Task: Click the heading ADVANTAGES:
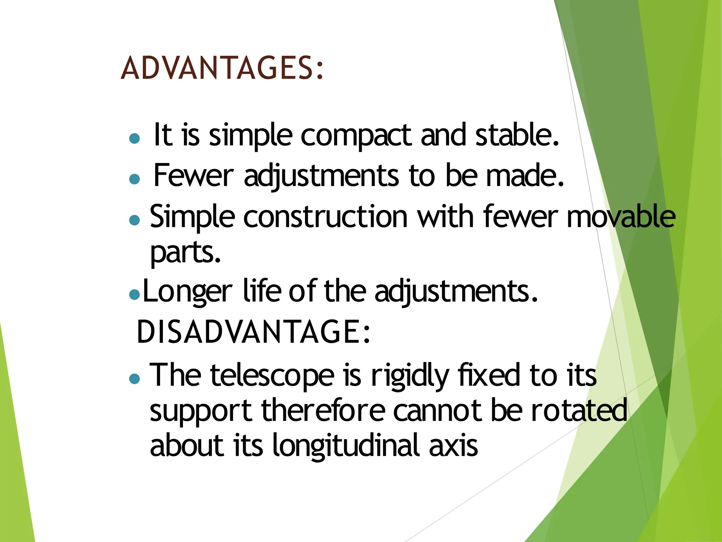pyautogui.click(x=222, y=68)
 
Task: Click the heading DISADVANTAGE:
pyautogui.click(x=253, y=331)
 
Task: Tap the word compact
pyautogui.click(x=356, y=136)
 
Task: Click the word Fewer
pyautogui.click(x=193, y=175)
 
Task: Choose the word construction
pyautogui.click(x=325, y=217)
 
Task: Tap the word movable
pyautogui.click(x=621, y=217)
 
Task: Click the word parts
pyautogui.click(x=185, y=253)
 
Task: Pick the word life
pyautogui.click(x=262, y=291)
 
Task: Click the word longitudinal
pyautogui.click(x=346, y=446)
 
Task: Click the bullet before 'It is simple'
pyautogui.click(x=134, y=138)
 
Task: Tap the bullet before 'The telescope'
pyautogui.click(x=134, y=379)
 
